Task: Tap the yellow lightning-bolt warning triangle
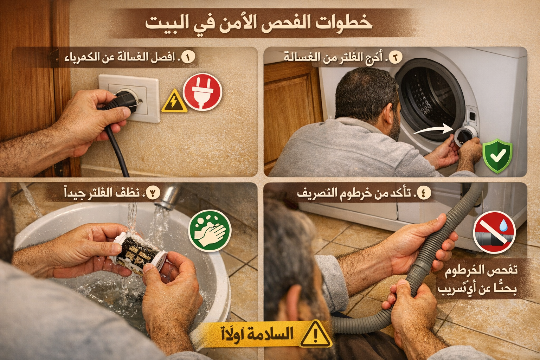tap(174, 102)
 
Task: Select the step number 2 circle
tap(395, 57)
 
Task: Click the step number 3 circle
tap(153, 193)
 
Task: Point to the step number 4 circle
tap(424, 193)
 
